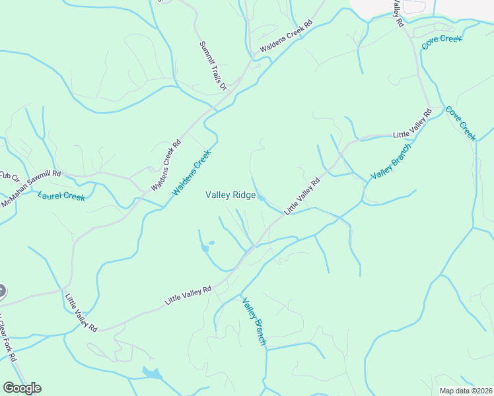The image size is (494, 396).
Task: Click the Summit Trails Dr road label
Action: tap(213, 65)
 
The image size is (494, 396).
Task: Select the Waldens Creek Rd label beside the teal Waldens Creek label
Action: tap(166, 165)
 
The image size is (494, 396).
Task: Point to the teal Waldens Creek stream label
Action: tap(192, 172)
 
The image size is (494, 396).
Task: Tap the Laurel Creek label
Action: tap(61, 196)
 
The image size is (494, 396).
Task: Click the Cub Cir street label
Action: tap(10, 178)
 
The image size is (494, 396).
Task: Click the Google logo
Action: tap(22, 388)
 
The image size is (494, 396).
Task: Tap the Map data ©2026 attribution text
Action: tap(465, 391)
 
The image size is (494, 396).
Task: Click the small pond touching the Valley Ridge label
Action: tap(261, 197)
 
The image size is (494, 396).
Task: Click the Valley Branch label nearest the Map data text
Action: tap(254, 321)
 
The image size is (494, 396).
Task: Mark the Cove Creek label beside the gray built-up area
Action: tap(442, 40)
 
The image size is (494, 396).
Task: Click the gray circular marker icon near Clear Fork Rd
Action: tap(1, 290)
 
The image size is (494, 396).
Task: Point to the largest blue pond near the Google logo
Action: tap(152, 374)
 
